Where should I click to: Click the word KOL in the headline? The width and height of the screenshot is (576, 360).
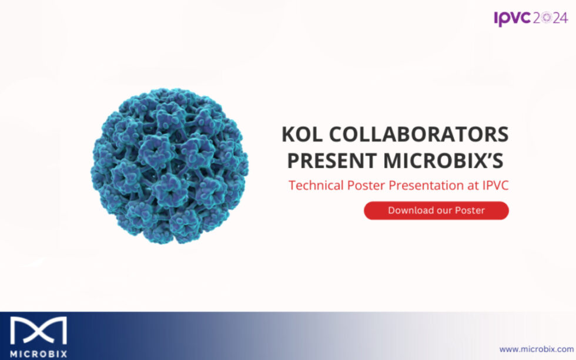pyautogui.click(x=304, y=134)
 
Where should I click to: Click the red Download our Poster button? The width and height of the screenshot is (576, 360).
pyautogui.click(x=436, y=210)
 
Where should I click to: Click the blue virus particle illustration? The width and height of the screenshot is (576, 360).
pyautogui.click(x=169, y=166)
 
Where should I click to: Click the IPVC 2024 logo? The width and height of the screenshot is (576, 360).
pyautogui.click(x=531, y=18)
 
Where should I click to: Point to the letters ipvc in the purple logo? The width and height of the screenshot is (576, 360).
pyautogui.click(x=512, y=18)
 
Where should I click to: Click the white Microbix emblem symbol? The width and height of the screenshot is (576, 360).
pyautogui.click(x=38, y=331)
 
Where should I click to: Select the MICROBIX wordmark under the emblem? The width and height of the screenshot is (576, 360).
pyautogui.click(x=38, y=354)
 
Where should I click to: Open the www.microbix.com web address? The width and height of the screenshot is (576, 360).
pyautogui.click(x=536, y=349)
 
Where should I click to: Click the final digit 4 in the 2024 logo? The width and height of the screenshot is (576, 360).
pyautogui.click(x=563, y=18)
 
